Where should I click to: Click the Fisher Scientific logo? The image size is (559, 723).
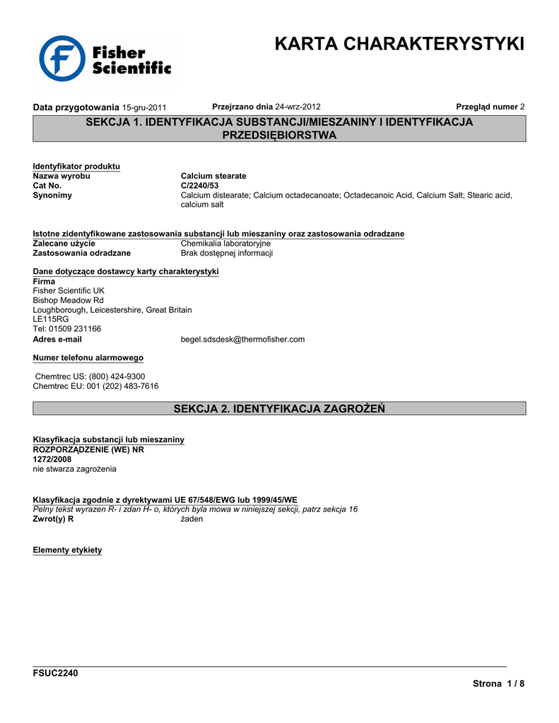105,59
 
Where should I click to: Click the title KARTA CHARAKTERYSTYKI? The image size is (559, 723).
399,44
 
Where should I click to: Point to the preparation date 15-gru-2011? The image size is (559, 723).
144,107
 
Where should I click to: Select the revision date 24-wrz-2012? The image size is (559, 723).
298,107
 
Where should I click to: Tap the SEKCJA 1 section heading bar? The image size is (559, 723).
279,129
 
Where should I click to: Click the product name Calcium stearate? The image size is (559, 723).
213,176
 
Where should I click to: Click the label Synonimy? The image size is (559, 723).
52,196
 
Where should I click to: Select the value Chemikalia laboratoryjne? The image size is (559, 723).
225,244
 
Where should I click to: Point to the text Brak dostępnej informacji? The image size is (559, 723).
227,253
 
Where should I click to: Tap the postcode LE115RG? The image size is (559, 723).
51,319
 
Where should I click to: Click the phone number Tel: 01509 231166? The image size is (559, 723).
67,329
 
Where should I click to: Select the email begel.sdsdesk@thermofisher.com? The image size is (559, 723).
242,340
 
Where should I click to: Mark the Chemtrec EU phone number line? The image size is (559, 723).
96,386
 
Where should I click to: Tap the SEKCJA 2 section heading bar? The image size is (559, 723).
279,409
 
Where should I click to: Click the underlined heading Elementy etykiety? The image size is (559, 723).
68,550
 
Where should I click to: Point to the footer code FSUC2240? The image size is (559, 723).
56,673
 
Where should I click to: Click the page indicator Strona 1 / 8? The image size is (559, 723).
499,684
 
